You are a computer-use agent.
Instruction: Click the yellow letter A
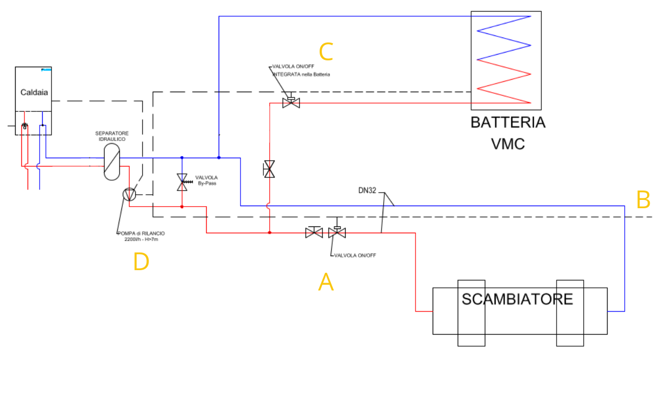[x=326, y=283]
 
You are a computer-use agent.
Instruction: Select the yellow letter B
[x=643, y=200]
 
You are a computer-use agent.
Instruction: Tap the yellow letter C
[x=326, y=53]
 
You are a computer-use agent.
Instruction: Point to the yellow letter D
[x=141, y=262]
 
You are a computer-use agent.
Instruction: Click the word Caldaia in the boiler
[x=34, y=93]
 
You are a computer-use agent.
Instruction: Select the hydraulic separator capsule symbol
[x=111, y=161]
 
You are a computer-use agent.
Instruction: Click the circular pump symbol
[x=129, y=195]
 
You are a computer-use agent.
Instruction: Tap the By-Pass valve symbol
[x=182, y=182]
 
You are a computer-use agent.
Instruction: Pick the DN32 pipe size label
[x=367, y=191]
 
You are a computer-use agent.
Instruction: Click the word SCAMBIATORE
[x=517, y=299]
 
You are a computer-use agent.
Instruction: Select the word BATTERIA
[x=508, y=123]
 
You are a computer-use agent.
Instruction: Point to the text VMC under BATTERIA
[x=508, y=144]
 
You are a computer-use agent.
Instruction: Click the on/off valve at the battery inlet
[x=291, y=102]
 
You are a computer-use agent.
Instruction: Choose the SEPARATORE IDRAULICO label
[x=112, y=136]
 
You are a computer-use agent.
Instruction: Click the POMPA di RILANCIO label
[x=141, y=236]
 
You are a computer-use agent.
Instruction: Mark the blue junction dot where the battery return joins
[x=219, y=157]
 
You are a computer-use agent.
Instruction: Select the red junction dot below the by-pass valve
[x=182, y=207]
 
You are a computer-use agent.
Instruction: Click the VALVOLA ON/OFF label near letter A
[x=355, y=256]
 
